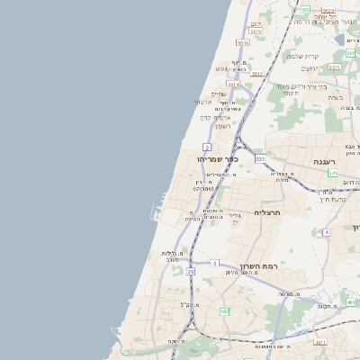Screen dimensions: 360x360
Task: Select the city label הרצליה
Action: [x=268, y=213]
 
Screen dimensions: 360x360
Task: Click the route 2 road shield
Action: [x=207, y=147]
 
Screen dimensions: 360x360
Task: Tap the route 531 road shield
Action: [x=260, y=158]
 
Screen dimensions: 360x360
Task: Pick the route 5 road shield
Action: [x=215, y=263]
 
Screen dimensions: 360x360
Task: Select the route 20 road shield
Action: [x=191, y=270]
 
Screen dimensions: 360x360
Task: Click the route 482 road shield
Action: [x=224, y=311]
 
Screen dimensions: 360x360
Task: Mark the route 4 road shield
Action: [x=327, y=232]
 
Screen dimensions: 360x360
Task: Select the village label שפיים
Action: [x=219, y=94]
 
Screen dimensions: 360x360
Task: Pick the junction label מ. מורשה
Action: [x=289, y=294]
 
